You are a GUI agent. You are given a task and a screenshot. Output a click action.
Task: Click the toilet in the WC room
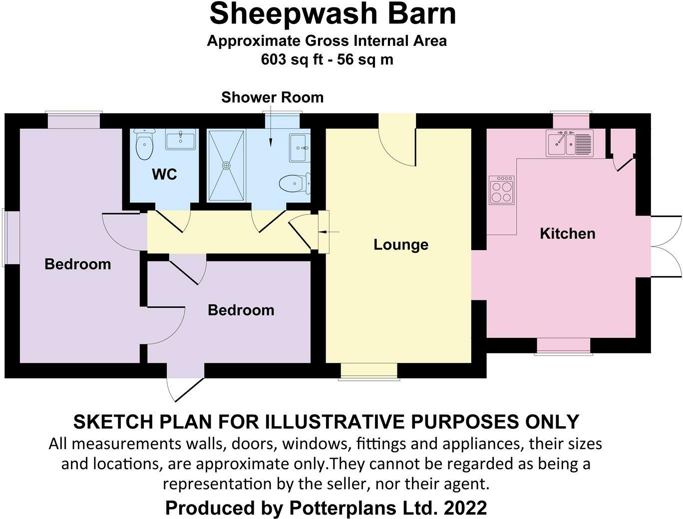coord(145,144)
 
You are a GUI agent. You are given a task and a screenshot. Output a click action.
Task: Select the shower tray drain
coord(227,165)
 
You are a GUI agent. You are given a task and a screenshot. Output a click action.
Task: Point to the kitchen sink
coord(569,143)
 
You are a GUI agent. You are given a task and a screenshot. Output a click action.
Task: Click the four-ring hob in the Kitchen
coord(502,191)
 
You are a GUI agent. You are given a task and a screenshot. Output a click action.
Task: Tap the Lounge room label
coord(401,245)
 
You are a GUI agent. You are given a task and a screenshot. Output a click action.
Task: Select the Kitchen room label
coord(567,234)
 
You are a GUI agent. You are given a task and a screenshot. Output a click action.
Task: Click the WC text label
coord(164,175)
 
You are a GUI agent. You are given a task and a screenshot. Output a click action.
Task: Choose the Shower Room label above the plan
coord(272,97)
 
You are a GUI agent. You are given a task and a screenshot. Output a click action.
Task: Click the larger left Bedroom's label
coord(77,264)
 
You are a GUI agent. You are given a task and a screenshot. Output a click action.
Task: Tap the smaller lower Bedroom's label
coord(241,310)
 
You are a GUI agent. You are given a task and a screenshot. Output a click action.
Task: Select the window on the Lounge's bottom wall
coord(368,372)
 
